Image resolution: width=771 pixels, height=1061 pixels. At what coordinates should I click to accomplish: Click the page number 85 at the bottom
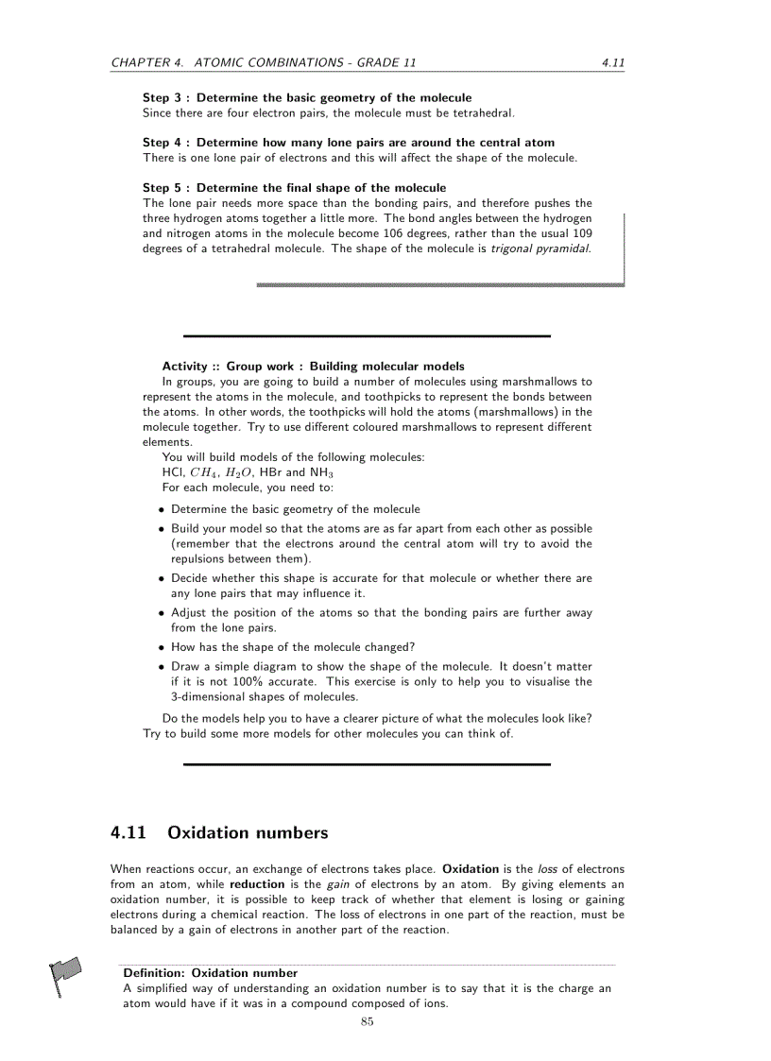(368, 1021)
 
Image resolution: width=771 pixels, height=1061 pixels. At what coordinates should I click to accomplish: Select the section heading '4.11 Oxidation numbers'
(219, 832)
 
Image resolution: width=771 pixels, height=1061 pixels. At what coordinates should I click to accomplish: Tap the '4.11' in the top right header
(612, 63)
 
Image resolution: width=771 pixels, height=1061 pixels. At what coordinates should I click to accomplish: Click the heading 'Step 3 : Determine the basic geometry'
(307, 97)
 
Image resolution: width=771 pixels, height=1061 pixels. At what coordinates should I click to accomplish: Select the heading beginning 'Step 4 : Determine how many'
(349, 142)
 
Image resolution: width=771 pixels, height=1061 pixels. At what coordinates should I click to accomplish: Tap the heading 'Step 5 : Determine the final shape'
(294, 187)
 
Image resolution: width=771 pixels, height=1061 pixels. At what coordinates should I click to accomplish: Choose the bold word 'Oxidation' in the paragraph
(470, 868)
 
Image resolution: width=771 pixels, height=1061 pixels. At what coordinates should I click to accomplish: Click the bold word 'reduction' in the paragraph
(257, 884)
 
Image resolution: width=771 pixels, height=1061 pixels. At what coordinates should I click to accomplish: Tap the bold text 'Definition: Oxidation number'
(210, 972)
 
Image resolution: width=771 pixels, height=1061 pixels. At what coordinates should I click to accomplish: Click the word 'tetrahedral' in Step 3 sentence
(482, 112)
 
